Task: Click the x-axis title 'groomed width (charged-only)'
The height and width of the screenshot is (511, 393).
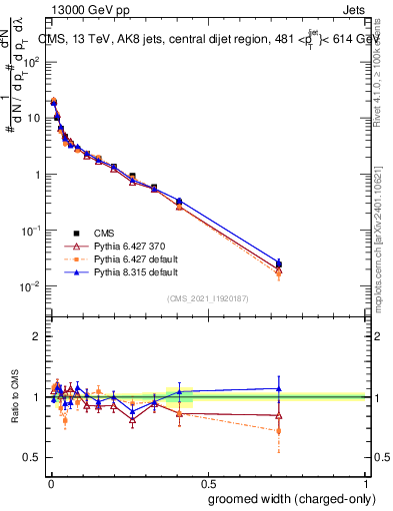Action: (x=287, y=499)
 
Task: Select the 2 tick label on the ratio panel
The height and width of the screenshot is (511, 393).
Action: (x=36, y=336)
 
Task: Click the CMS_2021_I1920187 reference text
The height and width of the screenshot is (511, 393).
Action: (x=207, y=297)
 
